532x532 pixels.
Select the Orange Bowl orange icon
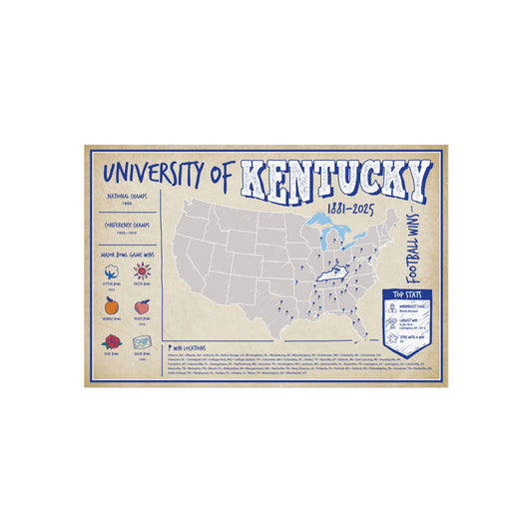coord(110,306)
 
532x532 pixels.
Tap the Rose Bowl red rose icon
coord(110,340)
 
